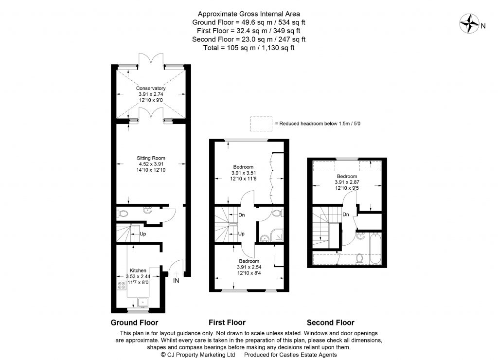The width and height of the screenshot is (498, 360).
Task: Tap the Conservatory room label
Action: [x=151, y=88]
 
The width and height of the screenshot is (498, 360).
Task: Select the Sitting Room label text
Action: [x=151, y=158]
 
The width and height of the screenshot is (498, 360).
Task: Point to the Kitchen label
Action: [x=138, y=270]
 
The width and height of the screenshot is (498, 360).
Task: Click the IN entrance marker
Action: [x=177, y=281]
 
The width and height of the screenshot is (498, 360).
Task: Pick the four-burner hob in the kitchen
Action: [x=121, y=286]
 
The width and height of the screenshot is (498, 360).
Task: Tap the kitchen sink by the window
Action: [x=142, y=303]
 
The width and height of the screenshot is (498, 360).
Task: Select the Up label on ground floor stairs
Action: [x=143, y=234]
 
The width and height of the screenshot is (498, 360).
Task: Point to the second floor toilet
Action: [x=359, y=258]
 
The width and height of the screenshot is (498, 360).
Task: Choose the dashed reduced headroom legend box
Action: [x=261, y=124]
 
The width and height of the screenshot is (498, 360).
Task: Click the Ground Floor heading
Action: [x=135, y=322]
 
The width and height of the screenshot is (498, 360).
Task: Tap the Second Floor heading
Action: [x=330, y=322]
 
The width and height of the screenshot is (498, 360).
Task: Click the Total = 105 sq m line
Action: [x=249, y=48]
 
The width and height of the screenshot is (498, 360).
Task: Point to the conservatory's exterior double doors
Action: [x=151, y=61]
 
